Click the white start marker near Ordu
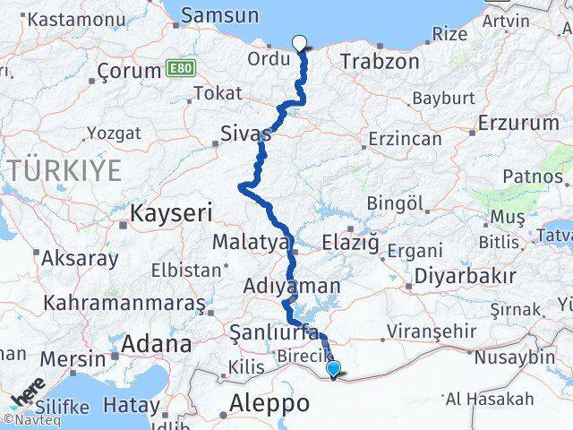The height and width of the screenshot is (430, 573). (299, 41)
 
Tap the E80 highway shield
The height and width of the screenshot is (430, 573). (178, 69)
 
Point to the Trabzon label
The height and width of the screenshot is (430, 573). (380, 62)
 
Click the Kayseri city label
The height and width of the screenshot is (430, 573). (171, 213)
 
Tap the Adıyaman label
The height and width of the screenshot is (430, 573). (292, 287)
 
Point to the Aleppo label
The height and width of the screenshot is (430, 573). (270, 403)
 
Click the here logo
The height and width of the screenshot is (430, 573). (27, 392)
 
